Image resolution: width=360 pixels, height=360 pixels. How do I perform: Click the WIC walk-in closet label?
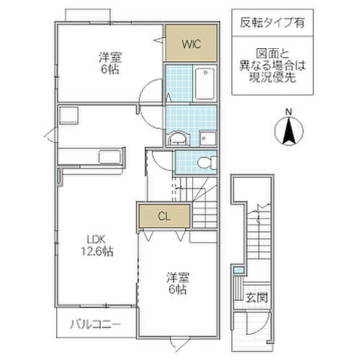(190, 45)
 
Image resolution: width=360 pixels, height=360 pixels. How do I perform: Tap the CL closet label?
(163, 215)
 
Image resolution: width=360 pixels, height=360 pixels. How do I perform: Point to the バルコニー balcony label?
(95, 323)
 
